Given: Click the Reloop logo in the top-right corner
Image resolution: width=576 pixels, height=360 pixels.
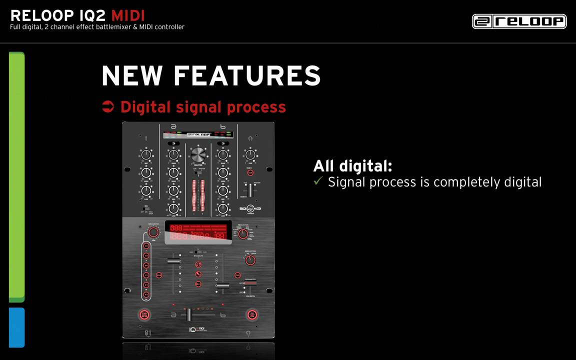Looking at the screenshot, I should click(x=519, y=21).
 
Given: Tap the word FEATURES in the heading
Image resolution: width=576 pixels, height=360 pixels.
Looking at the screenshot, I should click(x=247, y=76).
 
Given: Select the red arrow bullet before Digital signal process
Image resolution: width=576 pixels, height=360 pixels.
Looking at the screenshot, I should click(x=107, y=106).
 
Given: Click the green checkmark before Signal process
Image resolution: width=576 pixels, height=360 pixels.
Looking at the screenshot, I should click(x=318, y=181).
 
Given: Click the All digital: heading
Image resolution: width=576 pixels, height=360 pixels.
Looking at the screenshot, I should click(x=352, y=165).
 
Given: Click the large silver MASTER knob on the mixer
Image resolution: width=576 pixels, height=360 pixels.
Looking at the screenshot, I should click(x=198, y=154).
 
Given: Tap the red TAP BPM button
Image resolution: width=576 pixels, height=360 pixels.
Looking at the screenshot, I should click(x=144, y=314).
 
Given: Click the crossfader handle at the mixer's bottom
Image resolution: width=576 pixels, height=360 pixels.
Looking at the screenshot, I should click(x=189, y=314).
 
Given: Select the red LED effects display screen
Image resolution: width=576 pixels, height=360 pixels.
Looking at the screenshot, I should click(x=198, y=232).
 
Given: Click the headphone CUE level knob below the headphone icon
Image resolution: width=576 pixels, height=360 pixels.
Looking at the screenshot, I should click(x=250, y=154).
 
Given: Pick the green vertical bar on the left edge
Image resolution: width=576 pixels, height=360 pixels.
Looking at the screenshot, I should click(x=16, y=177).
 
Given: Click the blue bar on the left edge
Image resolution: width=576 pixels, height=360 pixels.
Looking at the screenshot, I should click(x=16, y=327).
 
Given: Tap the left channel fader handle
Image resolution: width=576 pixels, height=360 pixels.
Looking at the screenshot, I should click(x=174, y=261).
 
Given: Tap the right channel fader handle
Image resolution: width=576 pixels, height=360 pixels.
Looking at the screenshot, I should click(x=222, y=286).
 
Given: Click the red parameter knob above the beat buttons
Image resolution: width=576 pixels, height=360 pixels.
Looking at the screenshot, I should click(x=153, y=232).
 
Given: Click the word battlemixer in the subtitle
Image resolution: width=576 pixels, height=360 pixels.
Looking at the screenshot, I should click(x=128, y=27).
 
